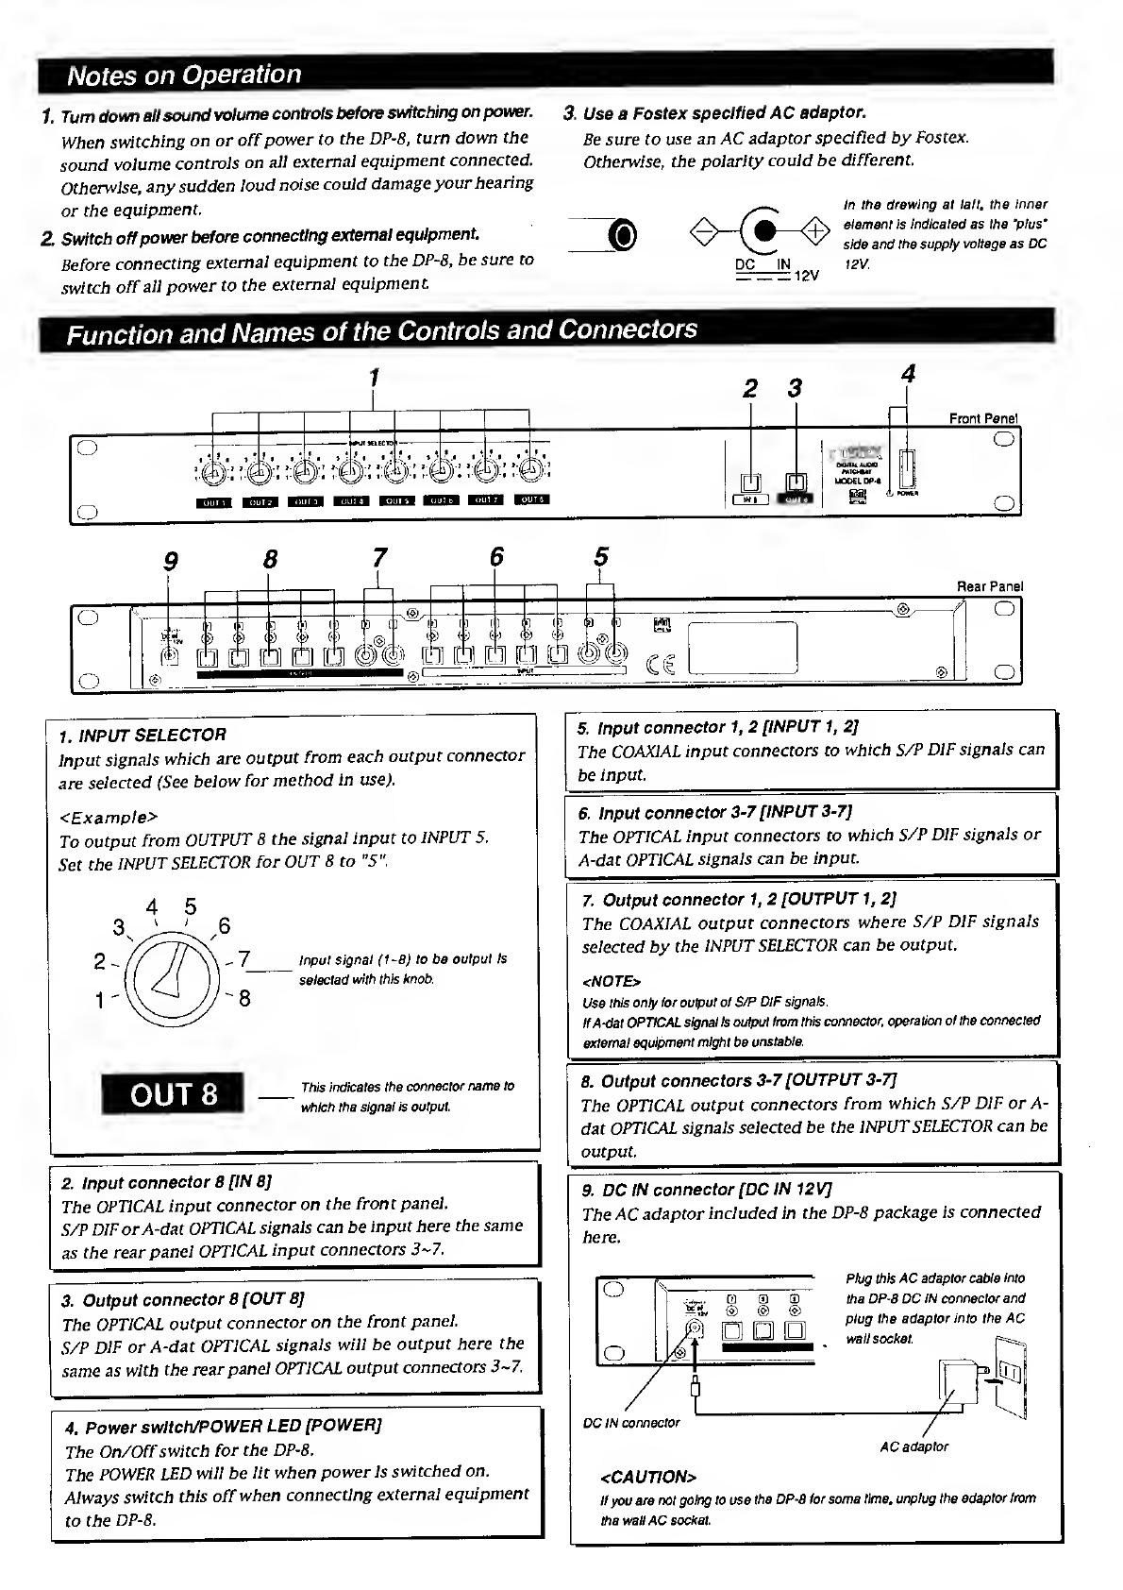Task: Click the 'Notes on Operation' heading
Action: click(185, 75)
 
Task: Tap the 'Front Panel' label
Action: click(983, 418)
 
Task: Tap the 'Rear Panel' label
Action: click(990, 586)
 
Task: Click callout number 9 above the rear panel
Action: click(171, 561)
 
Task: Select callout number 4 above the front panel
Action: click(908, 374)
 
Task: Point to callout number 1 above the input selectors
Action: click(374, 377)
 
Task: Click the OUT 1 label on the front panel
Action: click(213, 500)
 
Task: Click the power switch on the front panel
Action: click(908, 469)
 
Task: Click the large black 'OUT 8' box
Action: click(173, 1094)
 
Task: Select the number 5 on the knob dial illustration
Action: click(191, 907)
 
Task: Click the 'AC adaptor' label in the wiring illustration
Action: click(913, 1446)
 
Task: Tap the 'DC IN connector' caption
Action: click(631, 1423)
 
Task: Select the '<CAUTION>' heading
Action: click(648, 1477)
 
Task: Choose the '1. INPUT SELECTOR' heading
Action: click(142, 735)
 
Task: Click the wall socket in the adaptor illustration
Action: click(1012, 1370)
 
